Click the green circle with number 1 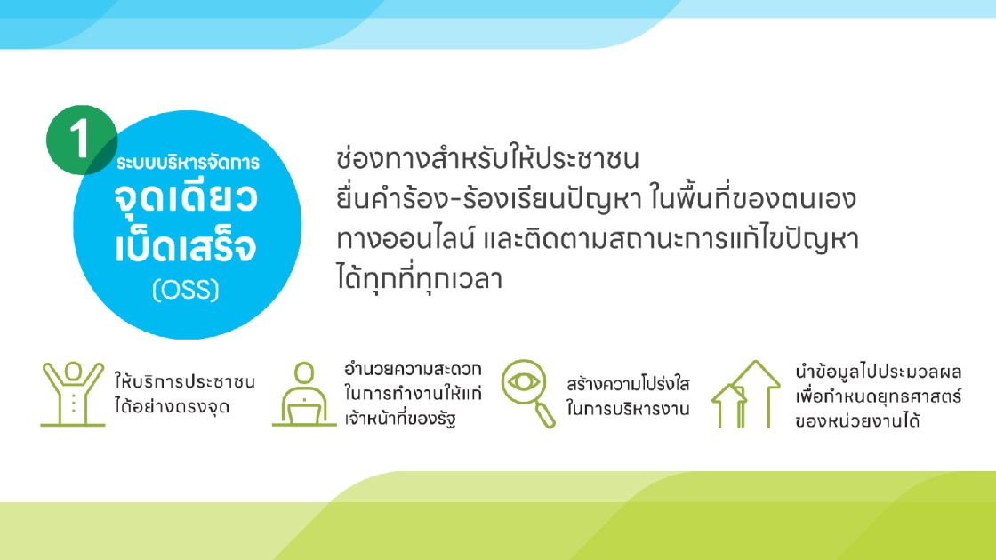tap(81, 140)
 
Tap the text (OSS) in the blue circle tap(186, 290)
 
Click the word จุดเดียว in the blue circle tap(186, 197)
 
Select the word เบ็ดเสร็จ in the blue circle tap(186, 245)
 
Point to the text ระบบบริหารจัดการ tap(188, 163)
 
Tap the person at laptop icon tap(304, 394)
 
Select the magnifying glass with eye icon tap(528, 394)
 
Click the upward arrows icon tap(746, 394)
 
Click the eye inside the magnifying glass tap(524, 382)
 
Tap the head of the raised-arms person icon tap(73, 371)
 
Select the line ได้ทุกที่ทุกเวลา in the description tap(420, 279)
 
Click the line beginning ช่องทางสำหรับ tap(487, 159)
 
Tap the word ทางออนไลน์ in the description tap(406, 239)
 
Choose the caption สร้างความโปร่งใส tap(628, 383)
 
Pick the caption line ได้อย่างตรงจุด tap(173, 406)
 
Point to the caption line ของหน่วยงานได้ tap(857, 420)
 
